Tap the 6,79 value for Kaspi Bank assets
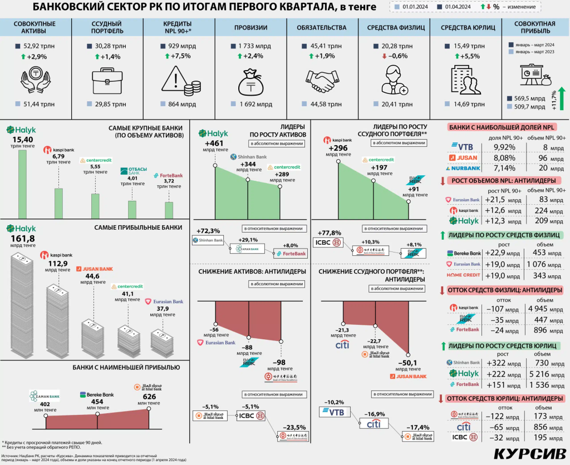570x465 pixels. tap(58, 156)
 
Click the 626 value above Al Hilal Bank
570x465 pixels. tap(149, 397)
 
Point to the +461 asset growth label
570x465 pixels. tap(214, 146)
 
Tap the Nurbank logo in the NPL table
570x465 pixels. tap(465, 168)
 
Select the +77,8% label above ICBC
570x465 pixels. tap(329, 233)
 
